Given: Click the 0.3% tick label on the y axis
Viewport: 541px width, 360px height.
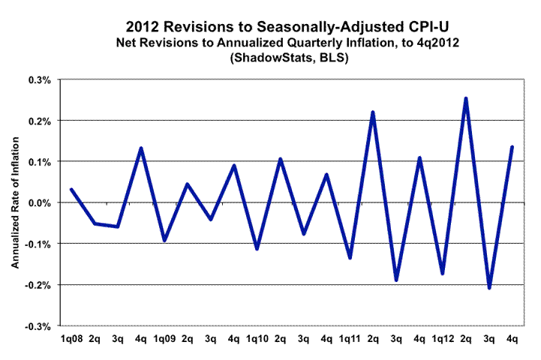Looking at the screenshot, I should [39, 79].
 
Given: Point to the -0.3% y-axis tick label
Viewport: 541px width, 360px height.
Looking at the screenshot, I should [38, 326].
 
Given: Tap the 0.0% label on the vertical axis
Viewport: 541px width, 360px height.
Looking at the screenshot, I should [39, 203].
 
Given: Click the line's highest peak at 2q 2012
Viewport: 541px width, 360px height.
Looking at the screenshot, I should [466, 98].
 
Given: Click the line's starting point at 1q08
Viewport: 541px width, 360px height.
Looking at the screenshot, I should [71, 190].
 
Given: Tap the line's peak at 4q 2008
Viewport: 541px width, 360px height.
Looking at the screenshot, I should [141, 148].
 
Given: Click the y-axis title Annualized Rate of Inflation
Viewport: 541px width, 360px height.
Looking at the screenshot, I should [15, 202].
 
